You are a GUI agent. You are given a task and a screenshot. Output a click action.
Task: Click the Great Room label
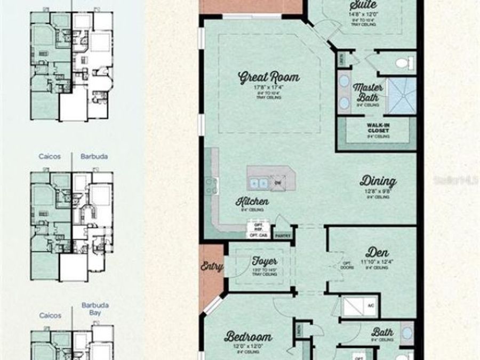[269, 77]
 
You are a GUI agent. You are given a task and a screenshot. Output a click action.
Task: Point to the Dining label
[378, 181]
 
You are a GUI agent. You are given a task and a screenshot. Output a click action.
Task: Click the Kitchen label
[253, 202]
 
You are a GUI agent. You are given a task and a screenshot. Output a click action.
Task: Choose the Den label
[377, 252]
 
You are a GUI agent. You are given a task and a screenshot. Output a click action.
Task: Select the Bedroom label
[248, 337]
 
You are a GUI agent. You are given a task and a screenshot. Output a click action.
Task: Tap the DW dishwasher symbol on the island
[278, 181]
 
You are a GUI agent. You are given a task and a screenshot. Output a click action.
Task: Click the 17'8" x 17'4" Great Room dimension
[268, 87]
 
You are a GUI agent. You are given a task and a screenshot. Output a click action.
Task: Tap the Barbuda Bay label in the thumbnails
[95, 309]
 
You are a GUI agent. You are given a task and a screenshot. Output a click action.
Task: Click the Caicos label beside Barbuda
[50, 157]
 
